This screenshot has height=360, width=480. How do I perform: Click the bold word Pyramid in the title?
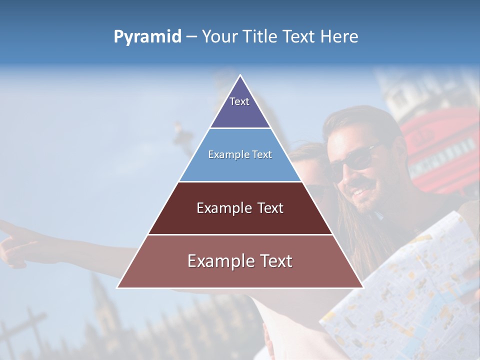(147, 37)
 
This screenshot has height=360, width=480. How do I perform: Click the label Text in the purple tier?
(239, 101)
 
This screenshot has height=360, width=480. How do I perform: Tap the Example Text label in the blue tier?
(240, 154)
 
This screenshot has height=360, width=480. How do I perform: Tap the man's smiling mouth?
(361, 191)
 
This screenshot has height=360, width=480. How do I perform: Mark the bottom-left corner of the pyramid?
(118, 287)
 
